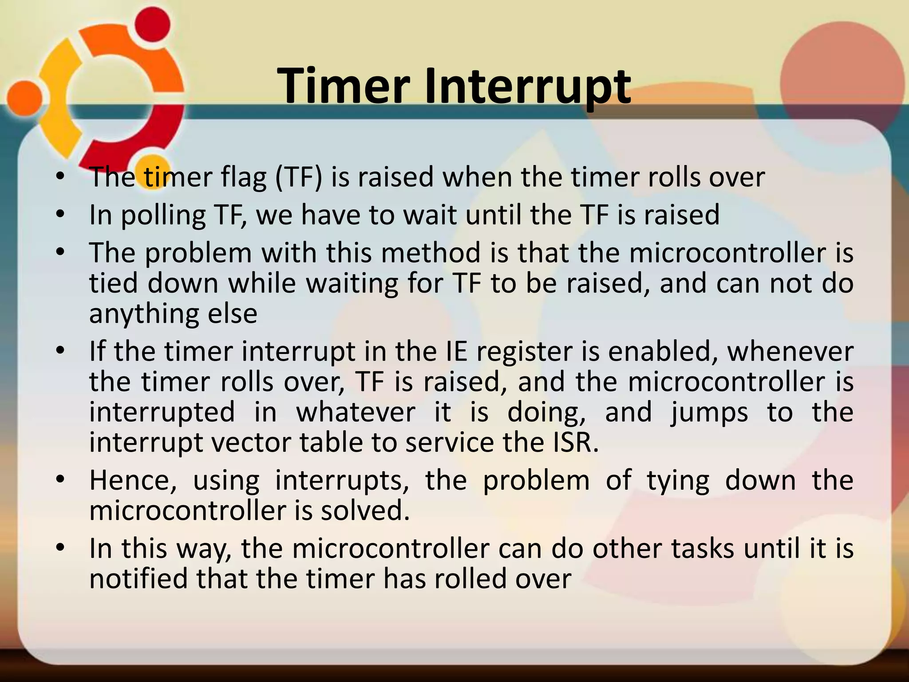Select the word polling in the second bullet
click(163, 215)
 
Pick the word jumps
click(709, 412)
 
